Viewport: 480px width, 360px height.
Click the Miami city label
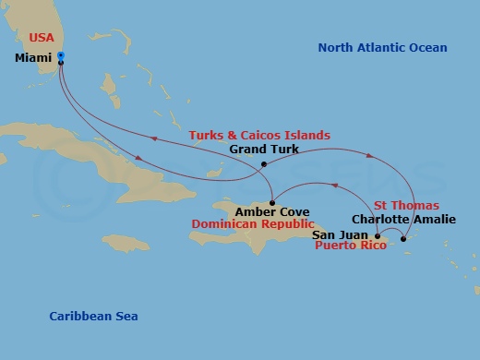pos(34,57)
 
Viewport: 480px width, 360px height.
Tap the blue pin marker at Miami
pos(60,56)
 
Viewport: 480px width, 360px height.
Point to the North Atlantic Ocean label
pos(382,48)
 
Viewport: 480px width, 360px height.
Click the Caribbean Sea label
pos(93,317)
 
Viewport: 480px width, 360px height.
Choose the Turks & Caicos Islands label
pos(259,135)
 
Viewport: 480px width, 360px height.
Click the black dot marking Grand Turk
pos(264,164)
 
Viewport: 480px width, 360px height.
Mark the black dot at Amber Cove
pos(273,202)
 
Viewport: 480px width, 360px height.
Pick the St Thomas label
pos(406,205)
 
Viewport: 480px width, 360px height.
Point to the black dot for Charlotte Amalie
pos(403,240)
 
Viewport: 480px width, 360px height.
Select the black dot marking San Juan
pos(378,236)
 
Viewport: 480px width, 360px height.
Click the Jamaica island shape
pos(126,241)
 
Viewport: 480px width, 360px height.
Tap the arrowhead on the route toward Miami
pos(155,138)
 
